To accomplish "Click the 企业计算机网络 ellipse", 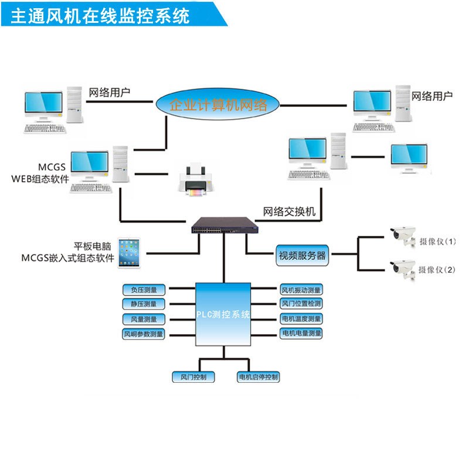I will click(218, 106).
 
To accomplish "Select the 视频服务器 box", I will click(301, 255).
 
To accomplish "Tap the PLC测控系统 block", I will click(223, 315).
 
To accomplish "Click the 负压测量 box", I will click(144, 289).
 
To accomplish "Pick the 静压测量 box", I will click(144, 304).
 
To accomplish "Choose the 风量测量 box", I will click(144, 319).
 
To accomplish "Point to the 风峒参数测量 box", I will click(144, 334).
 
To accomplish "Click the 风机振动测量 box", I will click(301, 289).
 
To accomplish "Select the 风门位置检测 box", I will click(301, 304).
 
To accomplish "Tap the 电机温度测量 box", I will click(301, 319).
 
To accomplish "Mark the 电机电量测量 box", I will click(301, 334).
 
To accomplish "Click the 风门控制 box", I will click(193, 376).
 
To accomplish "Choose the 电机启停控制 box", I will click(258, 376).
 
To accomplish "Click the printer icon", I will click(194, 179).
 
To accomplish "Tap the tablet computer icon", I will click(130, 253).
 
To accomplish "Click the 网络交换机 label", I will click(289, 212).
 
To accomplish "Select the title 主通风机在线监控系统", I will click(100, 15).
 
